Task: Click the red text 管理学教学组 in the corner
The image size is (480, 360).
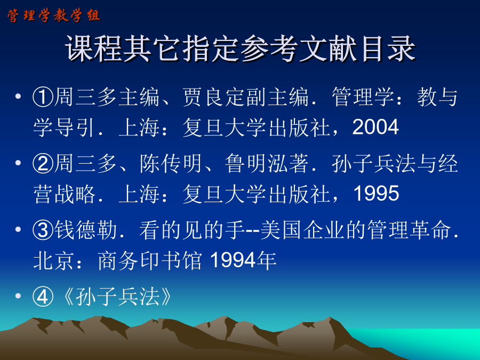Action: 53,15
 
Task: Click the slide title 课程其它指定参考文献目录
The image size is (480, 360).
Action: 241,49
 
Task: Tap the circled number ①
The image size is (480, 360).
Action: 43,98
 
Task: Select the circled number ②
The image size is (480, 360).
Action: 43,164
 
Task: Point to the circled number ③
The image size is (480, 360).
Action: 43,230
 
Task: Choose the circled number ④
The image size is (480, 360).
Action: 43,297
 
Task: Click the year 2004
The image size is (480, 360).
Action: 375,127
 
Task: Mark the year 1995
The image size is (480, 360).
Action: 376,194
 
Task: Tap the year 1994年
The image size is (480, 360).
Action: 243,260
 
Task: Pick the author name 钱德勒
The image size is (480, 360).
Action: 85,230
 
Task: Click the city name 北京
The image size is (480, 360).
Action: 53,260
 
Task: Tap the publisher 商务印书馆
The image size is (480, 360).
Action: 150,260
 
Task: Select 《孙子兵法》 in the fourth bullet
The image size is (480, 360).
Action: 117,297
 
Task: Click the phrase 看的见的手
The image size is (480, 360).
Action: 192,230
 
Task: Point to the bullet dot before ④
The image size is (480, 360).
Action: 18,295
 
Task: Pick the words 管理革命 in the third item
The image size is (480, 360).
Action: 409,230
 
